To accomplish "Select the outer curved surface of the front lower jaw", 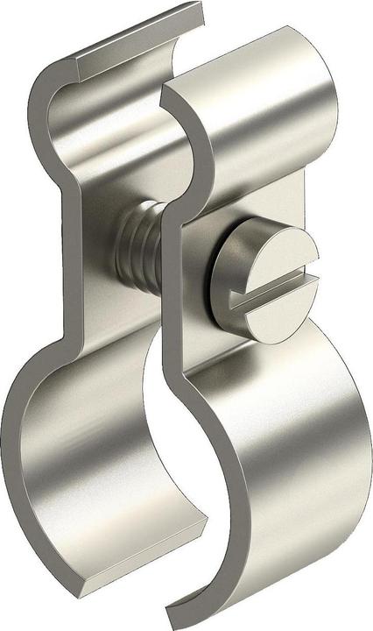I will coord(289,456).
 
